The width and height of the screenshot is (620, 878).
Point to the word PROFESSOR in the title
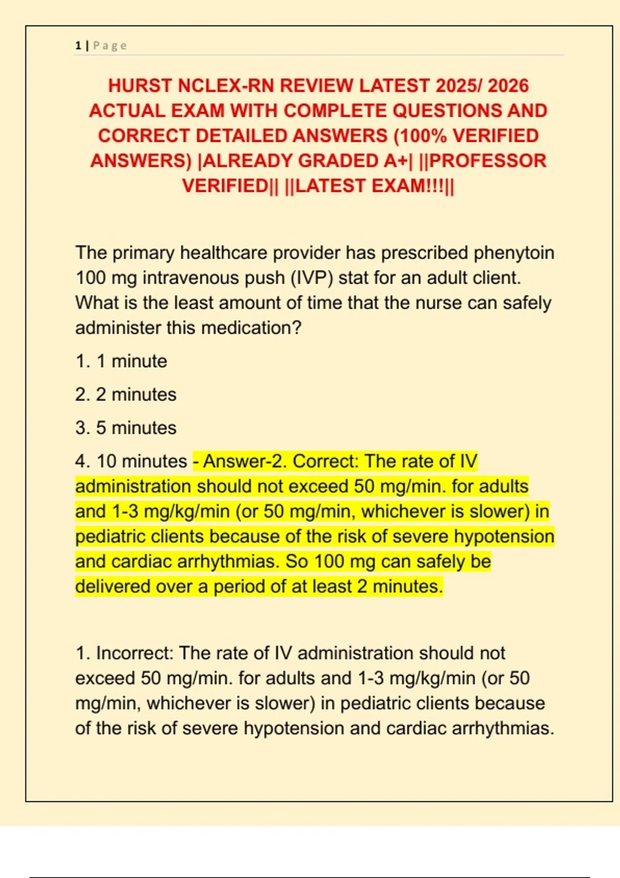coord(487,161)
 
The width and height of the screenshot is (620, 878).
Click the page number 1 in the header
coord(78,46)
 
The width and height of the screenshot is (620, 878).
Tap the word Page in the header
coord(110,46)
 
